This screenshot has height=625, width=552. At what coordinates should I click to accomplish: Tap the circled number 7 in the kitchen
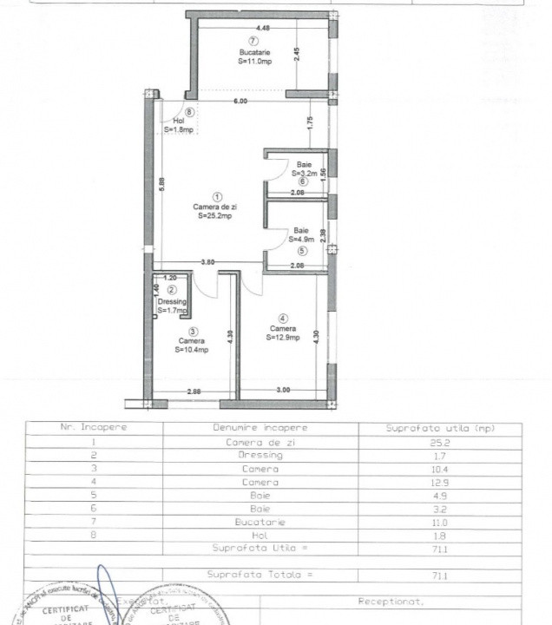pos(253,41)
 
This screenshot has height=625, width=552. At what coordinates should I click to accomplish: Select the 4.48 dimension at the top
pos(251,28)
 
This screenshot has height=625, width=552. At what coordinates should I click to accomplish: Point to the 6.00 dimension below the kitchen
pos(240,102)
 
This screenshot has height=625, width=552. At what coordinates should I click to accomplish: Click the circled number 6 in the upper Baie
pos(302,181)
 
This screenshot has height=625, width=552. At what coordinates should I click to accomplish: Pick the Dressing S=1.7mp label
pos(172,306)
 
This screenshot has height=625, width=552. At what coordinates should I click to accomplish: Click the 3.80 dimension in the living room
pos(208,262)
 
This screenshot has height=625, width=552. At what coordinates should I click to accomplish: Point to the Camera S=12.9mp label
pos(284,333)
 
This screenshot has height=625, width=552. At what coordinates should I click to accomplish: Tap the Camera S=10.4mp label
pos(192,345)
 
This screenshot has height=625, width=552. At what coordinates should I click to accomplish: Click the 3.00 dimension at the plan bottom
pos(282,391)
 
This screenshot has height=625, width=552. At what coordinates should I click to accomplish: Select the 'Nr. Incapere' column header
pos(94,429)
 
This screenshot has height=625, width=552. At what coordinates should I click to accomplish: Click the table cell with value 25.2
pos(452,442)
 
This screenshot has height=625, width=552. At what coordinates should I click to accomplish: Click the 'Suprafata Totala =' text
pos(260,576)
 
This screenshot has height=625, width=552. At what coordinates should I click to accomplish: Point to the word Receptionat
pos(391,601)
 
